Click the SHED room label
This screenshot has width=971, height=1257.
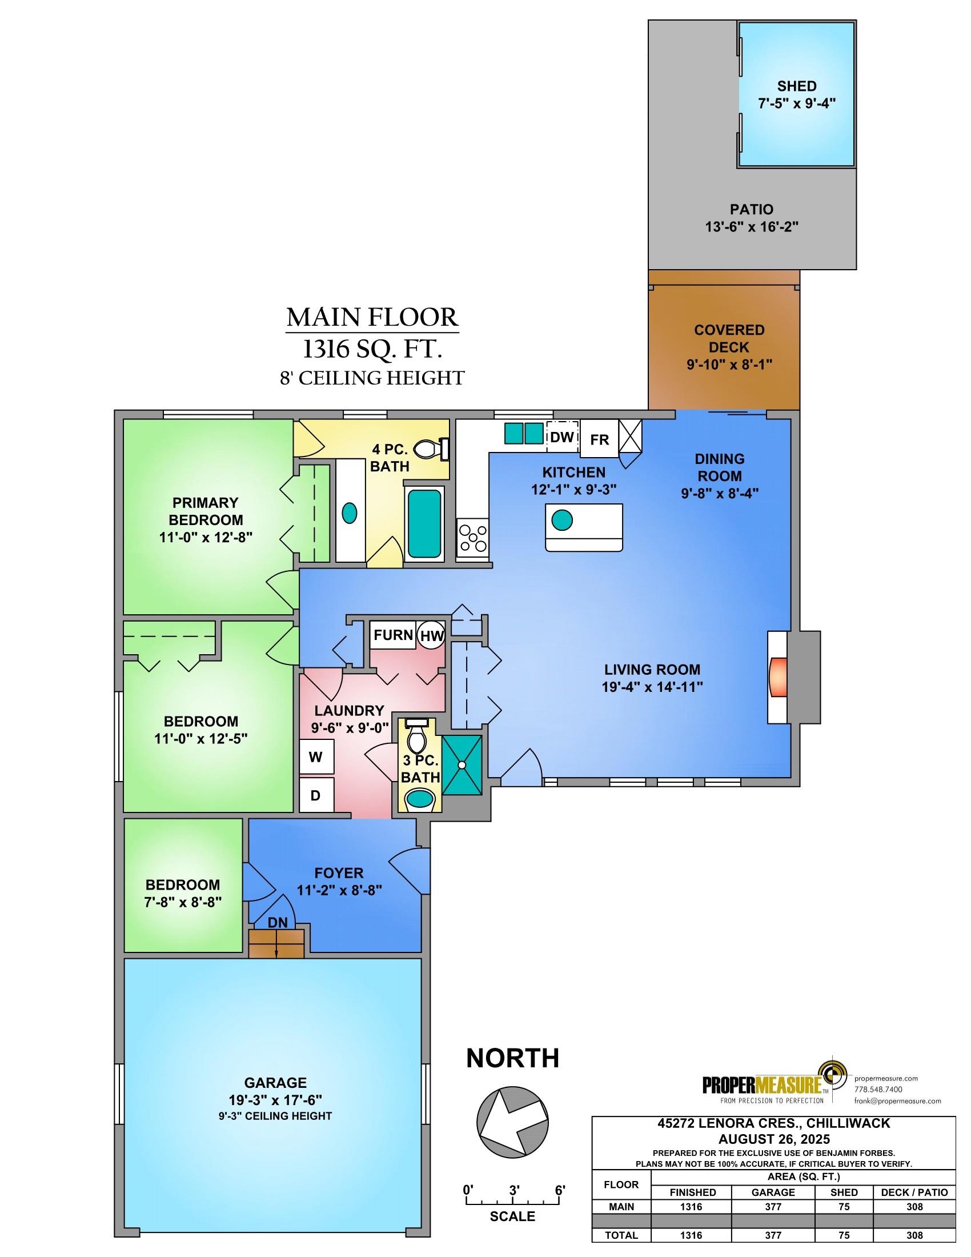pos(797,86)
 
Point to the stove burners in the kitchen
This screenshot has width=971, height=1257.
pos(472,537)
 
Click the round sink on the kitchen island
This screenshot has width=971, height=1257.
pos(562,521)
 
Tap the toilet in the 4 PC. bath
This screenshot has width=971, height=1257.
pos(430,449)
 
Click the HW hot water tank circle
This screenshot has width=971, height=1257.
pos(431,635)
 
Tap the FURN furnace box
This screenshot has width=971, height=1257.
pos(393,635)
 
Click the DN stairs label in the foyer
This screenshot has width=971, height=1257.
pos(277,922)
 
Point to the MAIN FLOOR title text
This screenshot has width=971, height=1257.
pos(372,317)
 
